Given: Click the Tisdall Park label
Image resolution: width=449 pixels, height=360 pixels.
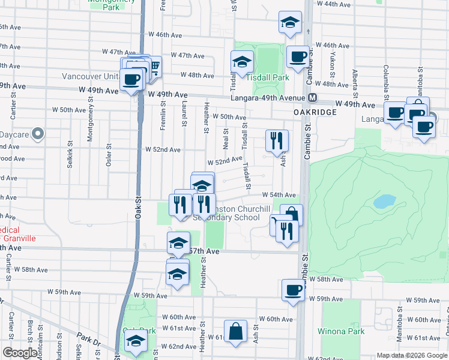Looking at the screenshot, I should (x=267, y=77).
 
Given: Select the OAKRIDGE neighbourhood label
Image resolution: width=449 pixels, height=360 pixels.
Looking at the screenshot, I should (x=313, y=112).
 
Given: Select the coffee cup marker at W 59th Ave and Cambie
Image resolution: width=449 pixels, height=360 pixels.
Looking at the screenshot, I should (x=294, y=290).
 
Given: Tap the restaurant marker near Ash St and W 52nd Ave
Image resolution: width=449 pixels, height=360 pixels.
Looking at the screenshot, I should (x=277, y=141).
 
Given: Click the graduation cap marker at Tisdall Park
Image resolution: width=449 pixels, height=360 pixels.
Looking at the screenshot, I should (x=243, y=62).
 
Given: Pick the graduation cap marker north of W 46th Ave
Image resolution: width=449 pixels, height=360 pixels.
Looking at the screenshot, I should (x=290, y=23).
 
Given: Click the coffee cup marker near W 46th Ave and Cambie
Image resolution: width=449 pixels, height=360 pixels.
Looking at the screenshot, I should (x=298, y=57).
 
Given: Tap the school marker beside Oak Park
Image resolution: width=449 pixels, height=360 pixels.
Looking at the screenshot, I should (x=136, y=343).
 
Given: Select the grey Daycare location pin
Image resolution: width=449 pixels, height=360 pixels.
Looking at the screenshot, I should (x=38, y=134).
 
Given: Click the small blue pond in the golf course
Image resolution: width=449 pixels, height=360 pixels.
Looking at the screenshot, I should (x=384, y=201).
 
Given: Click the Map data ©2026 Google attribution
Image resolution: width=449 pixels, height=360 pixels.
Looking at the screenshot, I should (x=412, y=355).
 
